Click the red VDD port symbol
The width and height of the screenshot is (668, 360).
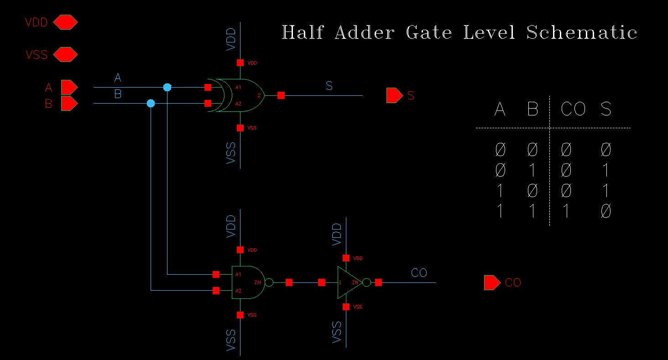pos(65,22)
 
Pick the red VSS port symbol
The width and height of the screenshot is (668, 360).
pos(65,55)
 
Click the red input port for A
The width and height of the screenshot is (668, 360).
pos(69,87)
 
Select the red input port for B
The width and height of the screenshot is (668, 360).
pos(69,104)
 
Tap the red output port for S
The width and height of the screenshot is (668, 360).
pos(393,95)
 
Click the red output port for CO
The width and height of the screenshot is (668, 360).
pos(491,282)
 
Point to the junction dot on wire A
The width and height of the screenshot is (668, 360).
pos(167,87)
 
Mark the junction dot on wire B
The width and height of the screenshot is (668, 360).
pos(151,104)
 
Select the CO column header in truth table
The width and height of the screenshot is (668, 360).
pos(573,109)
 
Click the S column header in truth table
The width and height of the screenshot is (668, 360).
pos(605,109)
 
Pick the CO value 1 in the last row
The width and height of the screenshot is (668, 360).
pos(566,211)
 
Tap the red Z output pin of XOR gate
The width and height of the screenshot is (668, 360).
pos(281,95)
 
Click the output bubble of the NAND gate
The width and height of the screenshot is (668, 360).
pos(269,282)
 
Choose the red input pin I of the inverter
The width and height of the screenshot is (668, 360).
pos(322,282)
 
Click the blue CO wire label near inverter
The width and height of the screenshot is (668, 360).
pos(419,273)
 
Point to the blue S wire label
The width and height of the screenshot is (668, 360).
pos(329,85)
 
